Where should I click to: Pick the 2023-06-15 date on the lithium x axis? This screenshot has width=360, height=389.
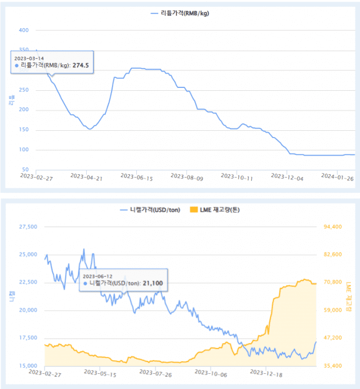click(x=136, y=177)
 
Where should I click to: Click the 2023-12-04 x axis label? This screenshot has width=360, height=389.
click(x=286, y=177)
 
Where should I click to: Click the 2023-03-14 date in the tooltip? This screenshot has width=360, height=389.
click(x=29, y=58)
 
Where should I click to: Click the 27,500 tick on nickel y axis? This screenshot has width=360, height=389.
click(x=28, y=227)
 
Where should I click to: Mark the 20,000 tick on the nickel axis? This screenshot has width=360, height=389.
click(x=28, y=311)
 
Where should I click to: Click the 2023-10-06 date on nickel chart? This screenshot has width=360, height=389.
click(x=211, y=373)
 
